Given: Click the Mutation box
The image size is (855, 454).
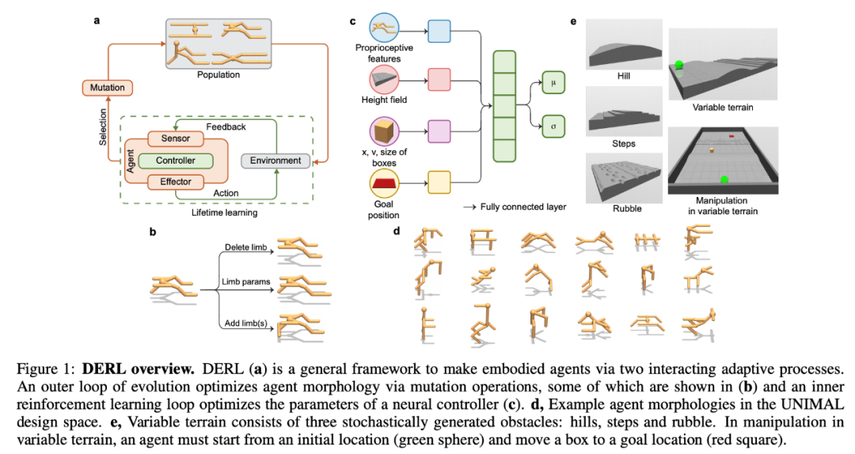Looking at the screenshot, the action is coord(108,87).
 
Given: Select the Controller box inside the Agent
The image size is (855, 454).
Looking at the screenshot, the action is coord(175,161).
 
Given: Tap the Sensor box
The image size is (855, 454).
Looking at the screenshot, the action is coord(175,138).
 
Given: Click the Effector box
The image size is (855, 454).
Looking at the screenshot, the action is coord(175,182).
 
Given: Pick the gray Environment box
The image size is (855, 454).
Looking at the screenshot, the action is coord(275,161).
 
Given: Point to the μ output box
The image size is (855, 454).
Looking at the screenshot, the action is coord(553,83).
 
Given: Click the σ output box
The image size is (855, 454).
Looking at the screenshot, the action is coord(553,127).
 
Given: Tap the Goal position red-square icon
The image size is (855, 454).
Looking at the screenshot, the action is coord(384,183).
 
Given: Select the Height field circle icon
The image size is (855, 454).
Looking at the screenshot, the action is coord(384,80).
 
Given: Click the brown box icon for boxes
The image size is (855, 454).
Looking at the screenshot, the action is coord(384,131).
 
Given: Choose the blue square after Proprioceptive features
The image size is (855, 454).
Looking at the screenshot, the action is coord(439,31).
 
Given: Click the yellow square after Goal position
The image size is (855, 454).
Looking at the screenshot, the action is coord(439,183).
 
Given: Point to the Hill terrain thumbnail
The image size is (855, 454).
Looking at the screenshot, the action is coord(624,45).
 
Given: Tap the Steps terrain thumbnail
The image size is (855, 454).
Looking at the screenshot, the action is coord(624,112).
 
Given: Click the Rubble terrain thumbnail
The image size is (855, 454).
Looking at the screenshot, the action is coord(624,178).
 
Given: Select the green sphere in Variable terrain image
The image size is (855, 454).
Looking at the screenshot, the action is coord(679,65).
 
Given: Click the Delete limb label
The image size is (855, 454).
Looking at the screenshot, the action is coord(246,248).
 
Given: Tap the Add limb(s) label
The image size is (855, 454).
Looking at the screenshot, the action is coord(246,323).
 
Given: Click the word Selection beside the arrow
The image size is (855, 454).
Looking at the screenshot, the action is coord(102,127).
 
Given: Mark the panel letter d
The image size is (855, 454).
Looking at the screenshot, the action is coord(397,231).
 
